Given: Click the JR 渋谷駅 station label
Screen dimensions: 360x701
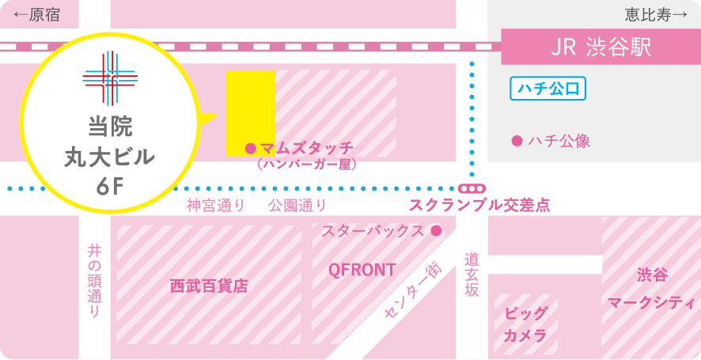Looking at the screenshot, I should click(x=601, y=47).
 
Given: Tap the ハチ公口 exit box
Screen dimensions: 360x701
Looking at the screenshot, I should click(x=548, y=89).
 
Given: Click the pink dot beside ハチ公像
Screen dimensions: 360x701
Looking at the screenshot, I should click(x=517, y=141).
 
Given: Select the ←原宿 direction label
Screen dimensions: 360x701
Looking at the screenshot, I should click(x=36, y=15).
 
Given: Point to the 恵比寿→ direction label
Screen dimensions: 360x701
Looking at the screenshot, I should click(x=655, y=15).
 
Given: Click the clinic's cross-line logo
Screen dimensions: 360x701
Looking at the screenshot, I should click(x=110, y=78).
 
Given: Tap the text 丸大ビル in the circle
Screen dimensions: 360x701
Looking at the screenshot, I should click(x=110, y=157).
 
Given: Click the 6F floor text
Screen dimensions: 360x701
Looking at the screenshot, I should click(x=110, y=187).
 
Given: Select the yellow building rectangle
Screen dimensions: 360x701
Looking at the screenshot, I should click(x=250, y=112).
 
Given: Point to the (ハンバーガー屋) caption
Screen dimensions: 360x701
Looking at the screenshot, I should click(x=307, y=165).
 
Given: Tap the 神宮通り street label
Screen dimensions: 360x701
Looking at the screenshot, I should click(x=215, y=206).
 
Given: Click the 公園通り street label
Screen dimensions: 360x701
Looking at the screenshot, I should click(x=297, y=206).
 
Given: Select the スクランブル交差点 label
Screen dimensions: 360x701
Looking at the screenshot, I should click(x=479, y=206).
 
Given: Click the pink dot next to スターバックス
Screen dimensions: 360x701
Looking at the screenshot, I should click(x=435, y=231).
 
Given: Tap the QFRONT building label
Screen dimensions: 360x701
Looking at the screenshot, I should click(x=362, y=271).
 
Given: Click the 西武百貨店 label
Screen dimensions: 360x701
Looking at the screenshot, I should click(x=209, y=286).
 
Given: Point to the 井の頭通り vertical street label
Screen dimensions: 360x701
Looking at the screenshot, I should click(x=94, y=281).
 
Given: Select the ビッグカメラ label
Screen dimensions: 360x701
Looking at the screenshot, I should click(x=525, y=324).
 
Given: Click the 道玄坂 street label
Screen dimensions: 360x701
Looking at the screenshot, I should click(x=472, y=274).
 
